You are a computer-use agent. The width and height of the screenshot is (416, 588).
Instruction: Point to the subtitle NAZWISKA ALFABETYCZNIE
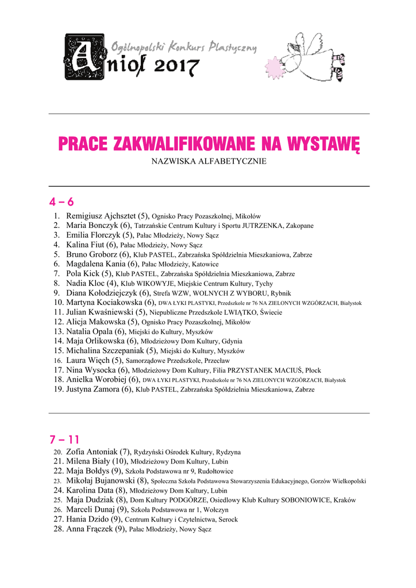coord(209,161)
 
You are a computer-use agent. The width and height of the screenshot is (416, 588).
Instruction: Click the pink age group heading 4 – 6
coord(61,203)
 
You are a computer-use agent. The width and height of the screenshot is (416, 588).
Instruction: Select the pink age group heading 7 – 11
coord(64,440)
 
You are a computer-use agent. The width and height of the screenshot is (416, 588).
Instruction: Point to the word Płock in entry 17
coord(313,370)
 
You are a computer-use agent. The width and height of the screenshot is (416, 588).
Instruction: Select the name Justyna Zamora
coord(93,389)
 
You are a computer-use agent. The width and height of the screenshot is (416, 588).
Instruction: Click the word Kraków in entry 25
coord(344,500)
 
